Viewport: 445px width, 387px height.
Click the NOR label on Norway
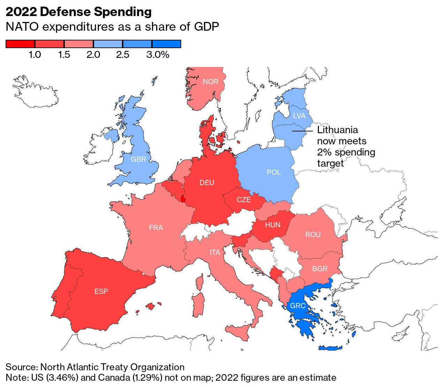(x=210, y=82)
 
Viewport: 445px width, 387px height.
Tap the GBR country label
(x=138, y=159)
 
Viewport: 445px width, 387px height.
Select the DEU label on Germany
(x=207, y=183)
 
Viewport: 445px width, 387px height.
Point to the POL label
(x=274, y=172)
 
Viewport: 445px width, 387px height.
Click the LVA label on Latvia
(x=299, y=116)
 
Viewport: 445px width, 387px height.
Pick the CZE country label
(x=244, y=200)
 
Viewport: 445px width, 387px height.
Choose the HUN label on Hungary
(x=273, y=225)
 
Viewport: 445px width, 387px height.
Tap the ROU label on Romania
(x=313, y=235)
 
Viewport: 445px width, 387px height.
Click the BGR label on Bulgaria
(x=320, y=269)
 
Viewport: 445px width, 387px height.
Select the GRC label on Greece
(x=298, y=306)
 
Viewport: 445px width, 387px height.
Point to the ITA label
(x=215, y=252)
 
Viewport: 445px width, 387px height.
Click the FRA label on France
(x=156, y=228)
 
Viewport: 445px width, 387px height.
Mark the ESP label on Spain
(x=101, y=291)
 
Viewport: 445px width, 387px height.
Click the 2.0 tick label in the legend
(x=93, y=55)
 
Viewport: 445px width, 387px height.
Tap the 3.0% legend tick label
(x=158, y=55)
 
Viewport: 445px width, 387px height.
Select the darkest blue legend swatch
(x=167, y=44)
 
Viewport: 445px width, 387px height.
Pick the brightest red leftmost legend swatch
(x=20, y=44)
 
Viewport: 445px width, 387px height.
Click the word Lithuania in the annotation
(x=337, y=130)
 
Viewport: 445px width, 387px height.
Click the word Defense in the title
(x=66, y=12)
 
